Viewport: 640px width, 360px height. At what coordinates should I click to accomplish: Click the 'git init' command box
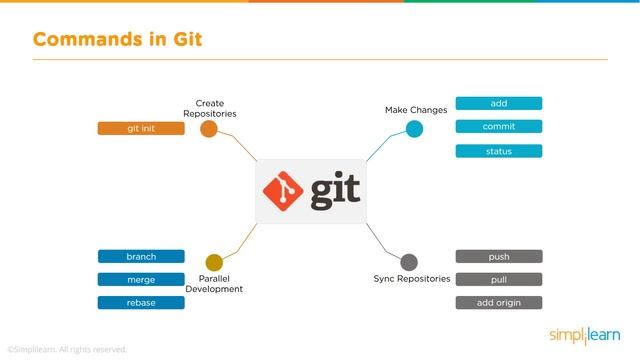pyautogui.click(x=141, y=128)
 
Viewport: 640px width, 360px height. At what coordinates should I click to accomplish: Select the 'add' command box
pyautogui.click(x=499, y=103)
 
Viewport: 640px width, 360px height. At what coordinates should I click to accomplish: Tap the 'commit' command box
pyautogui.click(x=499, y=127)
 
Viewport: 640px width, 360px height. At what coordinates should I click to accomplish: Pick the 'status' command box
pyautogui.click(x=499, y=151)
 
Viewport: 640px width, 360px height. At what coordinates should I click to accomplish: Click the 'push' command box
pyautogui.click(x=499, y=256)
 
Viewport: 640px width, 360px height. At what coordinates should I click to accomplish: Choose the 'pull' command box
pyautogui.click(x=499, y=279)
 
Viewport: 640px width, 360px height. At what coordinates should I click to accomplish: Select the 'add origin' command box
pyautogui.click(x=499, y=302)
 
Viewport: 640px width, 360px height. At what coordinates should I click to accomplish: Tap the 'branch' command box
pyautogui.click(x=141, y=256)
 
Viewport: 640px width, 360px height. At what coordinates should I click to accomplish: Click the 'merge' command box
pyautogui.click(x=141, y=279)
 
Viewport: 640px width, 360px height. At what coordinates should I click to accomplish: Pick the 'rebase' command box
pyautogui.click(x=141, y=302)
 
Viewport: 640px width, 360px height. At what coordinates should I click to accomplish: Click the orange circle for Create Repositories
pyautogui.click(x=209, y=129)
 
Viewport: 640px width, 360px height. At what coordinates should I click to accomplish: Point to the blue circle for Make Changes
pyautogui.click(x=414, y=128)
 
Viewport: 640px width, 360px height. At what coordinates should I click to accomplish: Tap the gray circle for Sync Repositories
pyautogui.click(x=409, y=262)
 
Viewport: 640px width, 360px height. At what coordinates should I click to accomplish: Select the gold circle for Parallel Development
pyautogui.click(x=213, y=262)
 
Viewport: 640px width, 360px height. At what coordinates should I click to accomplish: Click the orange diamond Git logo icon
pyautogui.click(x=283, y=192)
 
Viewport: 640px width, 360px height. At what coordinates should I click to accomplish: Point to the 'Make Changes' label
pyautogui.click(x=416, y=109)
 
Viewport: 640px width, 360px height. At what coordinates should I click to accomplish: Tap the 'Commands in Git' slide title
pyautogui.click(x=118, y=40)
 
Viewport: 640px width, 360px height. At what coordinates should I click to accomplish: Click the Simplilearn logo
pyautogui.click(x=584, y=333)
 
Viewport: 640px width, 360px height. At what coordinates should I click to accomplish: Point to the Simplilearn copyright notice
pyautogui.click(x=67, y=349)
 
